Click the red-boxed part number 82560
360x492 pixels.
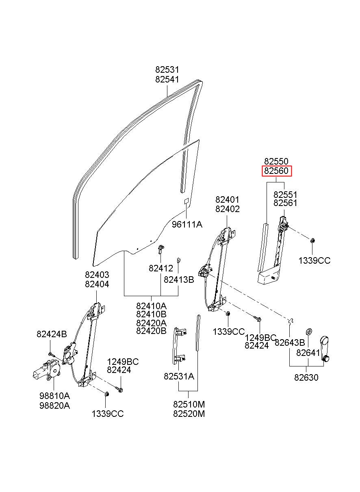tap(276, 171)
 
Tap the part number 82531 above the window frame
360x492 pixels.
tap(167, 70)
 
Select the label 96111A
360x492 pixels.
tap(187, 225)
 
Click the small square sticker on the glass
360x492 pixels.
tap(187, 201)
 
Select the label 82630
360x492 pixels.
tap(306, 377)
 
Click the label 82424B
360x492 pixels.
tap(52, 334)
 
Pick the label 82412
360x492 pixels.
tap(161, 268)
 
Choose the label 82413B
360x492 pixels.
tap(179, 280)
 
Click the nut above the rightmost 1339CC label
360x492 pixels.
tap(312, 241)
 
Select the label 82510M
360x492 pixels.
tap(189, 404)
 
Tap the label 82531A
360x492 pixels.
tap(179, 377)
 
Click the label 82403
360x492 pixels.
tap(97, 275)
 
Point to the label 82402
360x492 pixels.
tap(227, 209)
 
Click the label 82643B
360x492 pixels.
tap(290, 342)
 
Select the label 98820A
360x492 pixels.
tap(55, 405)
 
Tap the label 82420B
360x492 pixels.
tap(151, 331)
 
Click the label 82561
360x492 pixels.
tap(285, 203)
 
